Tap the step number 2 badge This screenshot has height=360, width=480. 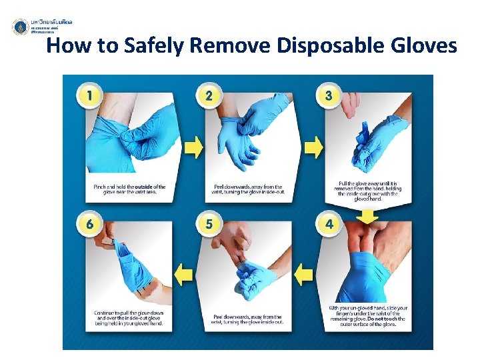point(209,95)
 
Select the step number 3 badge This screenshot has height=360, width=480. point(329,95)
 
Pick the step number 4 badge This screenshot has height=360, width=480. point(329,224)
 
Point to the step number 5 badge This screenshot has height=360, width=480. point(209,224)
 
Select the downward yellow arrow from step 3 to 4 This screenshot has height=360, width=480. point(367,216)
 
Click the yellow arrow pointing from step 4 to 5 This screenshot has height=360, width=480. point(304,273)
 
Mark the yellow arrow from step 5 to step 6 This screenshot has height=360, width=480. point(185,273)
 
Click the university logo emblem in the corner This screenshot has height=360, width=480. point(21,27)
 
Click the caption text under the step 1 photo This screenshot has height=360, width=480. point(128,190)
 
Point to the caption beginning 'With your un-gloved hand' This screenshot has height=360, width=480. point(367,316)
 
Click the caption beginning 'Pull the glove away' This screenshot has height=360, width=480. point(367,190)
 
